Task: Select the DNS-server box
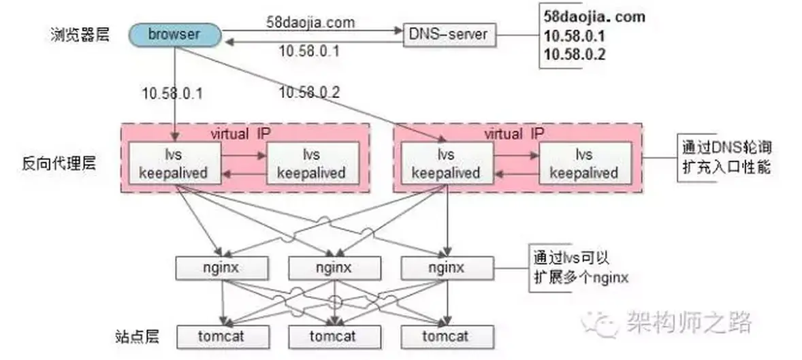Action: [447, 33]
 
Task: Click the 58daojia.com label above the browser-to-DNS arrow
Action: [310, 22]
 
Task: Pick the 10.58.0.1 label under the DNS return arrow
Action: [310, 50]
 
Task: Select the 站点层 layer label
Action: [136, 336]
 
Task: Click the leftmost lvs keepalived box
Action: [173, 164]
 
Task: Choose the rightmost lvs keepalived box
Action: [583, 164]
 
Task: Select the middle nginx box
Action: [334, 267]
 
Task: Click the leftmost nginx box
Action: [221, 267]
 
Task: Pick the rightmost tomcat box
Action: [447, 336]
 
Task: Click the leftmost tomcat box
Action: [221, 336]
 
